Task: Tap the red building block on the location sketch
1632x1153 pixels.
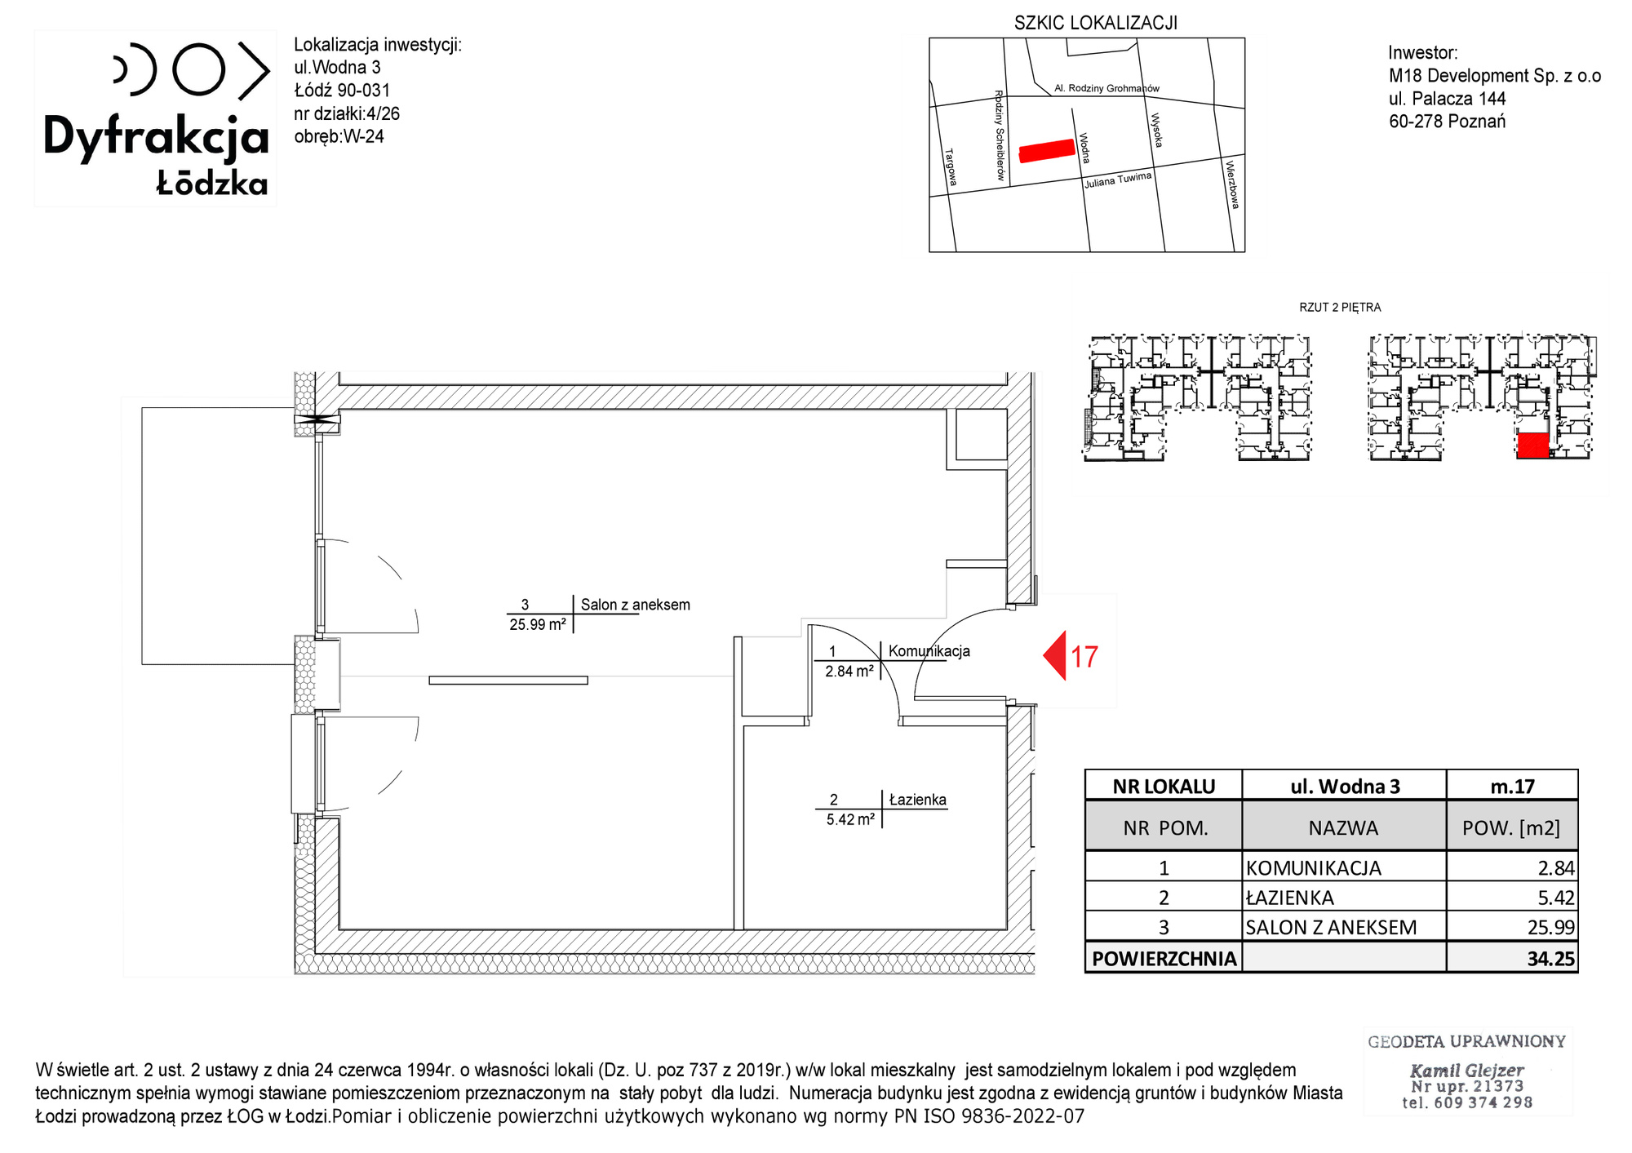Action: [x=1047, y=151]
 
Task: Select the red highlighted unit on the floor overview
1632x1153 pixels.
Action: [x=1532, y=446]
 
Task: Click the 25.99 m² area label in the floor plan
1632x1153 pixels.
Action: [x=538, y=625]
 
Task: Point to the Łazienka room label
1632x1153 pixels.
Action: [x=918, y=800]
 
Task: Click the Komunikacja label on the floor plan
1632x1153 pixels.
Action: [x=929, y=651]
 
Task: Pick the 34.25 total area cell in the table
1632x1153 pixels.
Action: [x=1550, y=959]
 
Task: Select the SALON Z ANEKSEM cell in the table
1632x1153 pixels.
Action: [x=1331, y=928]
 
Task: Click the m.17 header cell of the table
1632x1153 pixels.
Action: [x=1512, y=787]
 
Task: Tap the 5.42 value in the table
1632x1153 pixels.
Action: [x=1556, y=898]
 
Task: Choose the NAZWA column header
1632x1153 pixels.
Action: [x=1343, y=828]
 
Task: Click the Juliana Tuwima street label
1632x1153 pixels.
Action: [x=1118, y=180]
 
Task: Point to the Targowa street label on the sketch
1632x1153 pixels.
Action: [x=951, y=166]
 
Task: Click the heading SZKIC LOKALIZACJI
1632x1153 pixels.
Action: [x=1096, y=23]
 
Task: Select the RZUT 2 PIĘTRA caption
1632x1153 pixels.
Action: [x=1340, y=308]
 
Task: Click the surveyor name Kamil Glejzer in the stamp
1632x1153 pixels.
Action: [x=1466, y=1071]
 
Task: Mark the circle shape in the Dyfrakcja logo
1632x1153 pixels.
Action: [x=198, y=70]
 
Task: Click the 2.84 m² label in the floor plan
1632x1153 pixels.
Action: [x=849, y=672]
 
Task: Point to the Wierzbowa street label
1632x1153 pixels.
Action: [x=1232, y=185]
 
